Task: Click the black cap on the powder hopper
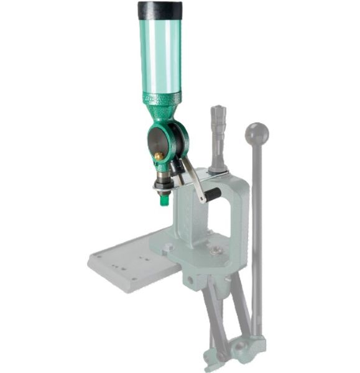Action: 160,11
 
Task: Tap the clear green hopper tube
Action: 160,56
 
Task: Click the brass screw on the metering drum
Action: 159,155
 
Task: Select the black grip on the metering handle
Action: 213,195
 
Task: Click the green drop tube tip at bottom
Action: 164,200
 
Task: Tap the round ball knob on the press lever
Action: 257,134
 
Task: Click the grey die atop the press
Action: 218,137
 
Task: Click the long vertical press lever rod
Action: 257,236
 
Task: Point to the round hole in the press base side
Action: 187,280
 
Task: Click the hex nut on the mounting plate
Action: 168,247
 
